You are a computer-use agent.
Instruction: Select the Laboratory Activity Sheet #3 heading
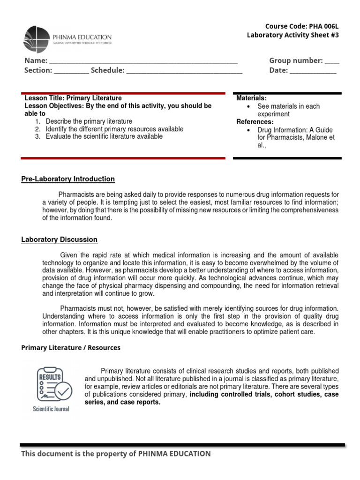292,36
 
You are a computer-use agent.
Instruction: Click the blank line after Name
143,61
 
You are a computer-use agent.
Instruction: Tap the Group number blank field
332,61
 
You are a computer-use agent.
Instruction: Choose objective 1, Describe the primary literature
89,121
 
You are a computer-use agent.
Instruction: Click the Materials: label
251,98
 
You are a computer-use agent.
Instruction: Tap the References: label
255,122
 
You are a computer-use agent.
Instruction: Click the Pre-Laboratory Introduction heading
68,179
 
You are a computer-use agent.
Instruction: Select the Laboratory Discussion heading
60,240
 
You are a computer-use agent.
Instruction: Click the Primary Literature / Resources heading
71,348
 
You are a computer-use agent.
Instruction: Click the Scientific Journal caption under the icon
51,409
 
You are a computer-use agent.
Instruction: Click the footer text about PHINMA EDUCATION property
116,453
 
